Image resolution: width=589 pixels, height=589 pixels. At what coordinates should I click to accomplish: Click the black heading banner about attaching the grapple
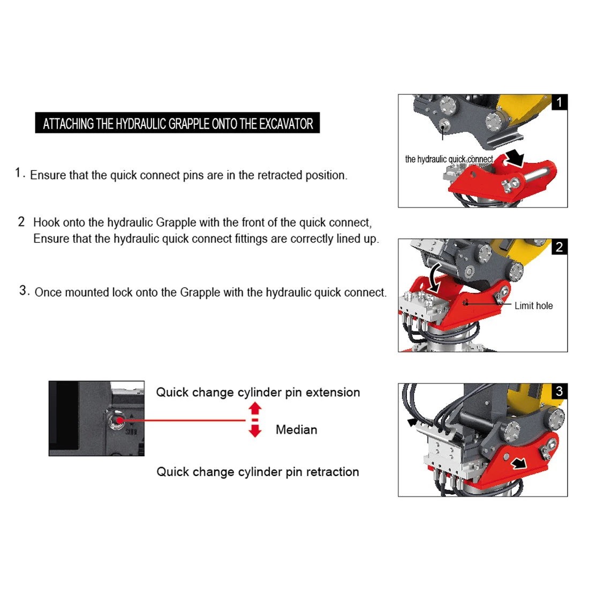tap(177, 123)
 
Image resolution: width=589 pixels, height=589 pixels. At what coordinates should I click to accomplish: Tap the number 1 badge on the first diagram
tap(559, 102)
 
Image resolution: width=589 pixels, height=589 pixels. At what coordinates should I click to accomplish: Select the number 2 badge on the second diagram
tap(559, 247)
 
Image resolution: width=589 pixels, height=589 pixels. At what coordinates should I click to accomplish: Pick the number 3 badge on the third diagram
tap(559, 391)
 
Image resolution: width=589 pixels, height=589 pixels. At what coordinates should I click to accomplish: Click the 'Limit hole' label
tap(533, 306)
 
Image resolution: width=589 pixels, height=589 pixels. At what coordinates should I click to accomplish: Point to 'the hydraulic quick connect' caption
tap(449, 159)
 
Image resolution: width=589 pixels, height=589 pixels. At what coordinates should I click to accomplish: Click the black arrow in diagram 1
tap(515, 157)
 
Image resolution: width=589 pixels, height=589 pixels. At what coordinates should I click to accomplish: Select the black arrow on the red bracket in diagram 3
tap(518, 463)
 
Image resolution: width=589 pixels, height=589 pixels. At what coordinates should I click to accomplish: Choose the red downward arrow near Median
tap(255, 430)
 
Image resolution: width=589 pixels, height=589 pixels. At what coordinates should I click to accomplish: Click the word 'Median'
tap(296, 429)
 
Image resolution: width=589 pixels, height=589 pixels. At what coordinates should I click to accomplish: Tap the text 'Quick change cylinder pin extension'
tap(258, 392)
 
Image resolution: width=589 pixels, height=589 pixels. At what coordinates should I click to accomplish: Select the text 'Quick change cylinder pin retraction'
tap(258, 472)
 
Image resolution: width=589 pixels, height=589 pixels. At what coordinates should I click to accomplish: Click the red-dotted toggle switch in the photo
tap(118, 420)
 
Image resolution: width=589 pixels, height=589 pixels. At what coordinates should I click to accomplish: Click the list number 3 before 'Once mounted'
tap(24, 291)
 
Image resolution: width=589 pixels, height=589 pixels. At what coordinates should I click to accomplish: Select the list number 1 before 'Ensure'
tap(19, 173)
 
